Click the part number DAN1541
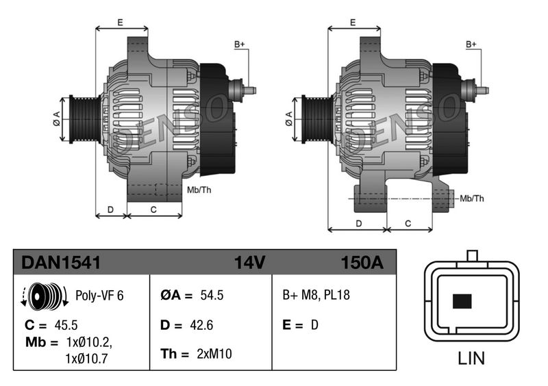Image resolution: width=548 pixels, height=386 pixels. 61,262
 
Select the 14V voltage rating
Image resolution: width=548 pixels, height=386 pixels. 249,262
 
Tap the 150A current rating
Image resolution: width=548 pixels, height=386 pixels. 362,262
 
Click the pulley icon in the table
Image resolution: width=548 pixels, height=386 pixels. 45,296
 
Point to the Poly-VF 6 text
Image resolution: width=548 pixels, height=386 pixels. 99,296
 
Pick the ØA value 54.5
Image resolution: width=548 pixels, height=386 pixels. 212,295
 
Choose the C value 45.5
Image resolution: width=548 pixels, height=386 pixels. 66,325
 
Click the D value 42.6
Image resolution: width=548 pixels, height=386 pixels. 201,325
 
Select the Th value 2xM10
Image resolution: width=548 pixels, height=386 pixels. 214,354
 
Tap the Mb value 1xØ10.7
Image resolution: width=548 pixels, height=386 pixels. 86,359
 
